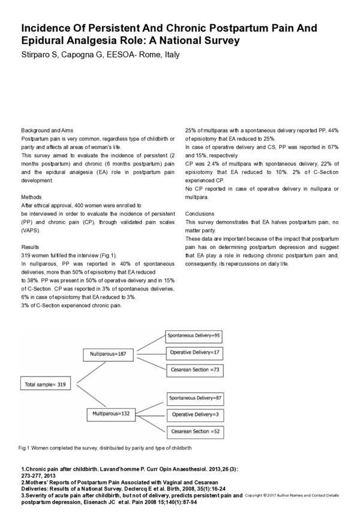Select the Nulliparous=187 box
coord(108,355)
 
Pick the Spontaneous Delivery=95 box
coord(194,335)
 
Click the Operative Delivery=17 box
coord(194,352)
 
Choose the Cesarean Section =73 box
coord(194,369)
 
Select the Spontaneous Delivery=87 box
coord(194,397)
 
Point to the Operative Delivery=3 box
coord(194,414)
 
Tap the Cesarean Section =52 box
coord(194,431)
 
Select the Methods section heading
coord(31,196)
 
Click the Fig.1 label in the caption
coord(25,448)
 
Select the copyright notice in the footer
coord(292,495)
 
